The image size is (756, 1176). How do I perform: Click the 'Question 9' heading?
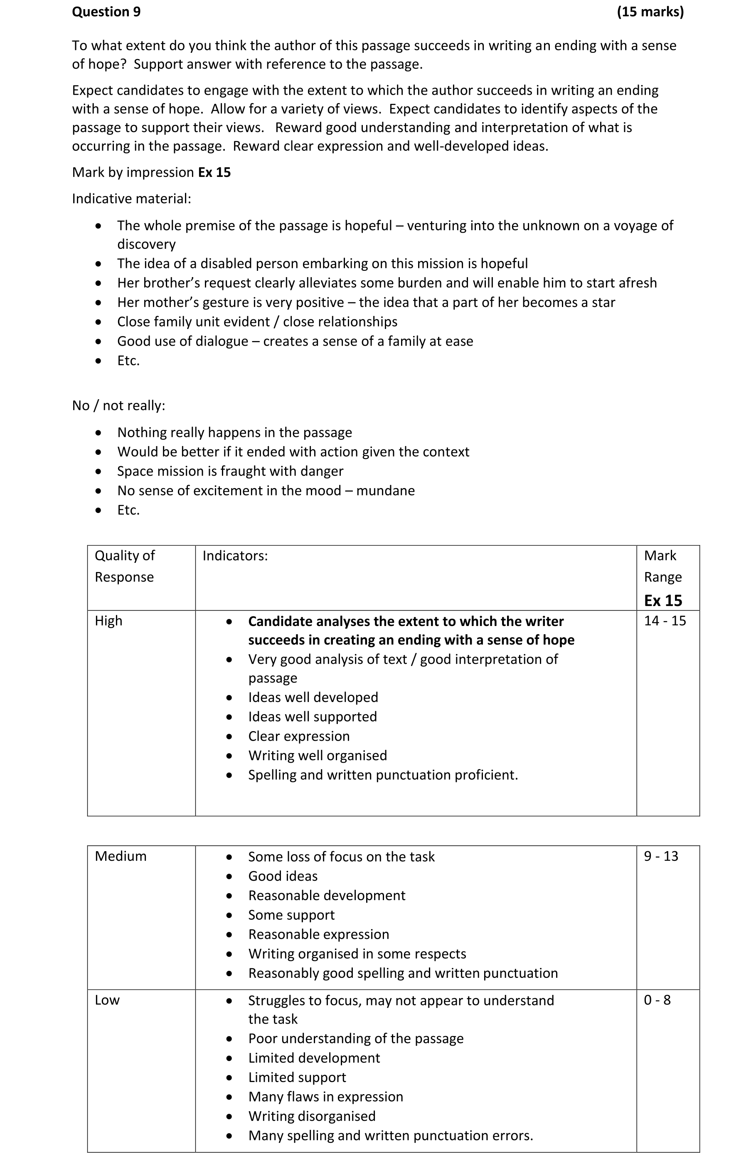(106, 12)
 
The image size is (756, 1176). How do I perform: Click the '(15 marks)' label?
(650, 12)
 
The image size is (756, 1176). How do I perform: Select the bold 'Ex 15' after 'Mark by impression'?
(214, 172)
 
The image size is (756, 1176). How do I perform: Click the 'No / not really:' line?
(119, 406)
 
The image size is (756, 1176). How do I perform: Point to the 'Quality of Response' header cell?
(125, 566)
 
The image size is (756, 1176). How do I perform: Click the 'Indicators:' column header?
(235, 556)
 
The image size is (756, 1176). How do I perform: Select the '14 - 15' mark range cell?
(665, 621)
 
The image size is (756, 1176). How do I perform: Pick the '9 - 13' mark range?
(661, 857)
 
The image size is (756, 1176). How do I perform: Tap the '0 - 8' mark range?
(657, 1000)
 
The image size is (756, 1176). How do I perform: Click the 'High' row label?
(108, 621)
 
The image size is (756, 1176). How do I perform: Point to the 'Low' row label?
(107, 1000)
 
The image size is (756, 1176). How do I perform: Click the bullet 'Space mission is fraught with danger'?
(230, 471)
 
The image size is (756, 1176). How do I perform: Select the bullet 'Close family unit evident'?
(257, 322)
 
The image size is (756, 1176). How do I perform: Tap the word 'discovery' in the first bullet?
(146, 244)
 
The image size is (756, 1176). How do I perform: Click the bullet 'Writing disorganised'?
(312, 1116)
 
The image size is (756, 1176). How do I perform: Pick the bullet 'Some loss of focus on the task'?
(341, 857)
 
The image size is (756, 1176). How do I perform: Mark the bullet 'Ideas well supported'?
(312, 717)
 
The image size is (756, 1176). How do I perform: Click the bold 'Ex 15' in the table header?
(663, 601)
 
